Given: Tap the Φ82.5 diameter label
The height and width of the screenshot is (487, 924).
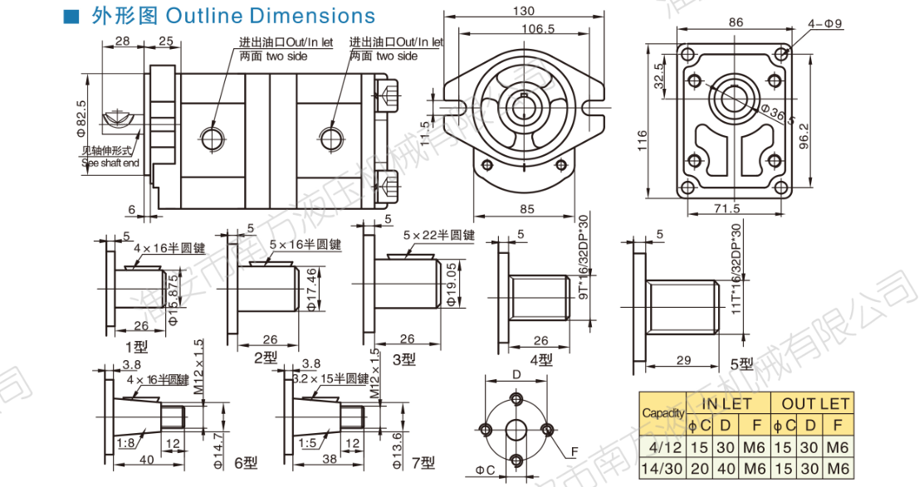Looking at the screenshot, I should point(81,116).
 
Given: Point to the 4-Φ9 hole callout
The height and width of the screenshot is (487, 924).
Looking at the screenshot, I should point(824,23).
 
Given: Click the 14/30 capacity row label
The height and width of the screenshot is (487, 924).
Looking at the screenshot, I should point(662,467).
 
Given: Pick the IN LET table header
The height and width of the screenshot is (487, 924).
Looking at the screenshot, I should point(726,404).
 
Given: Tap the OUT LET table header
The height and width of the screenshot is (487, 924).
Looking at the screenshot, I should point(811,404).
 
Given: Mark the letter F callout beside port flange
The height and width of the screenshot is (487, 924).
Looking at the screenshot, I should point(573,453).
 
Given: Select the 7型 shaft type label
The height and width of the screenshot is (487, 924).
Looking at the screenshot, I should point(422,461).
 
